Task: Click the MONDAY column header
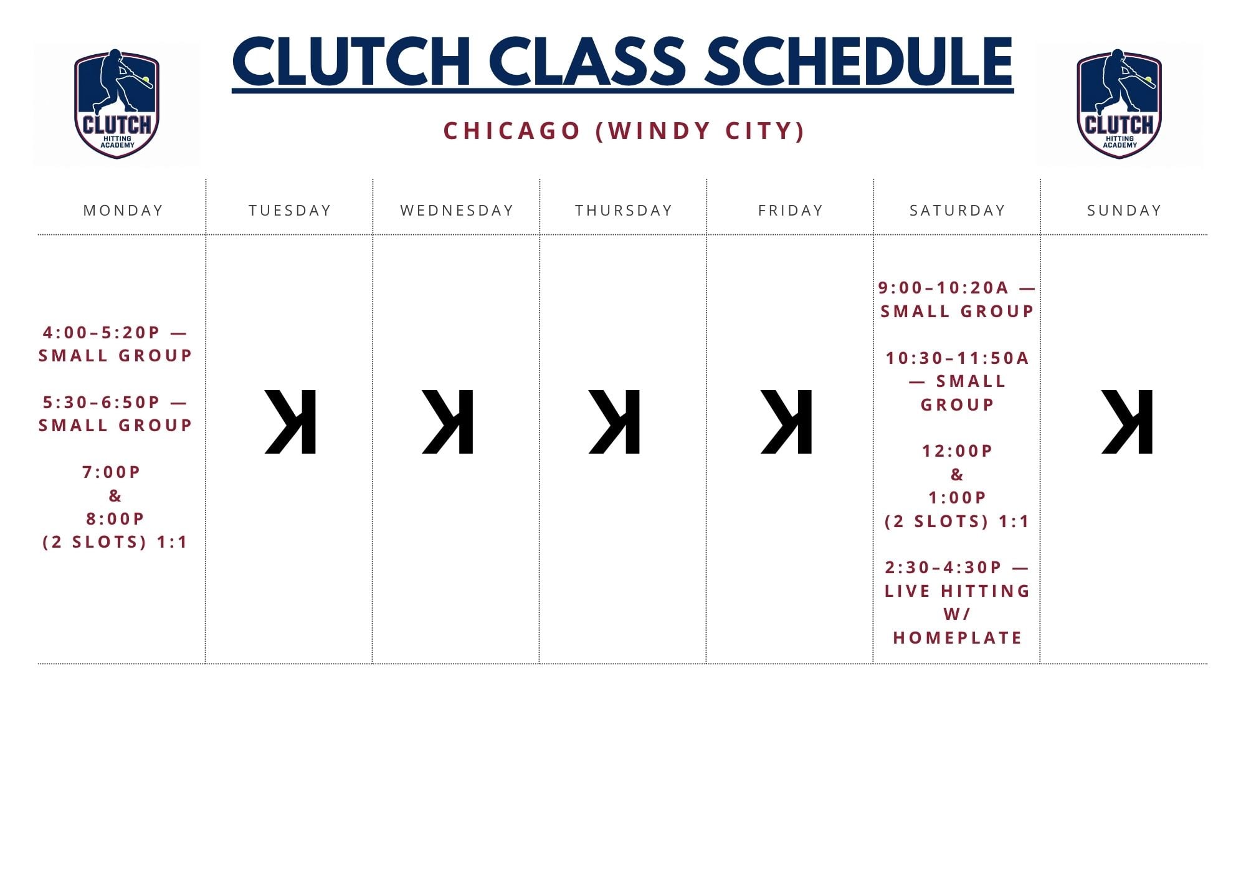pyautogui.click(x=123, y=211)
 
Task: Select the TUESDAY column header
pyautogui.click(x=290, y=211)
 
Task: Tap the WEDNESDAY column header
pyautogui.click(x=457, y=211)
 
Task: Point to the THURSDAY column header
pyautogui.click(x=624, y=211)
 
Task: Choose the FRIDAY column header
pyautogui.click(x=791, y=211)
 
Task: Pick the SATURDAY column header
pyautogui.click(x=958, y=211)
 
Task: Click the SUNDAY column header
pyautogui.click(x=1125, y=211)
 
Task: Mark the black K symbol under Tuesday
pyautogui.click(x=290, y=422)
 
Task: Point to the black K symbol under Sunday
pyautogui.click(x=1127, y=422)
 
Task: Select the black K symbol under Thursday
pyautogui.click(x=614, y=422)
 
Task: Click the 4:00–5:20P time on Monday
pyautogui.click(x=102, y=333)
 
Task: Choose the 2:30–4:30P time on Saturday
pyautogui.click(x=943, y=568)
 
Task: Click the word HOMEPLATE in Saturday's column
pyautogui.click(x=958, y=638)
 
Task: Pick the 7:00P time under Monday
pyautogui.click(x=112, y=472)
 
